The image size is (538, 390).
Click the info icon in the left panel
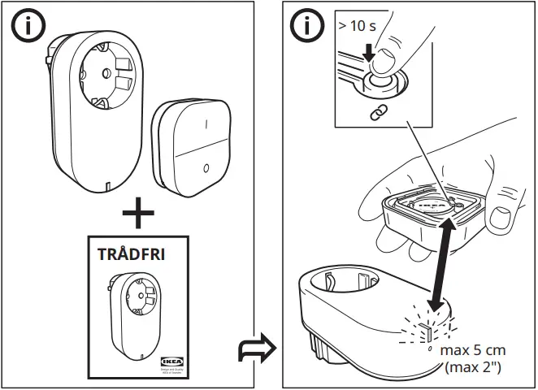pyautogui.click(x=29, y=26)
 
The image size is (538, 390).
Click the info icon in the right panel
pyautogui.click(x=308, y=26)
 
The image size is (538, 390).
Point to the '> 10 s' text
pyautogui.click(x=357, y=26)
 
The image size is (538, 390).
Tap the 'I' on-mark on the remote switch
pyautogui.click(x=206, y=125)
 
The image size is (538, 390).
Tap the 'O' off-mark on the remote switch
pyautogui.click(x=205, y=169)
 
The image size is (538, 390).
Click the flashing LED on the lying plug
pyautogui.click(x=423, y=331)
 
